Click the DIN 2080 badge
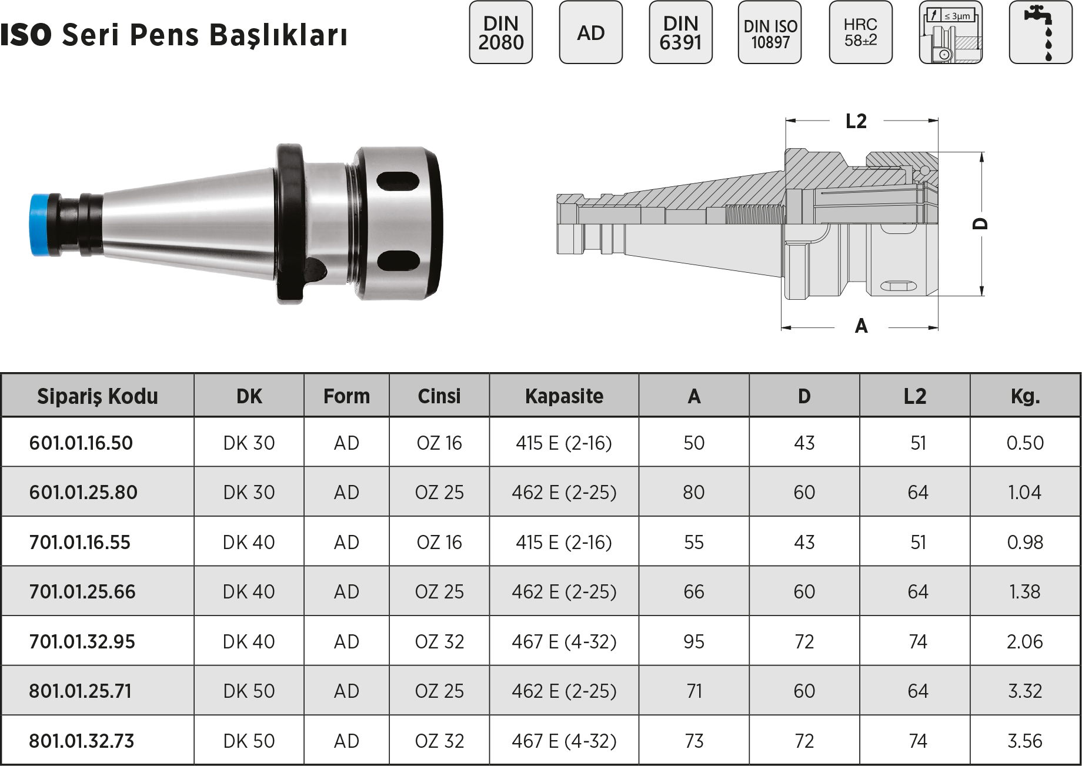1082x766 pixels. pyautogui.click(x=500, y=32)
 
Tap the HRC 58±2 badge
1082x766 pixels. pyautogui.click(x=860, y=32)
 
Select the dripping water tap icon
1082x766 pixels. pyautogui.click(x=1040, y=32)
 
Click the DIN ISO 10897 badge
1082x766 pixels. pyautogui.click(x=770, y=32)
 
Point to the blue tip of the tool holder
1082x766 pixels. pyautogui.click(x=40, y=225)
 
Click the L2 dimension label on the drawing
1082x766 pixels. pyautogui.click(x=856, y=121)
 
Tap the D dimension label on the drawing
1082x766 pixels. pyautogui.click(x=980, y=224)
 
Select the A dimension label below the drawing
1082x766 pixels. pyautogui.click(x=861, y=326)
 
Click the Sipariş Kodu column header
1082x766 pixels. pyautogui.click(x=98, y=396)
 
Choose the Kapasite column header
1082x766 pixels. pyautogui.click(x=564, y=396)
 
